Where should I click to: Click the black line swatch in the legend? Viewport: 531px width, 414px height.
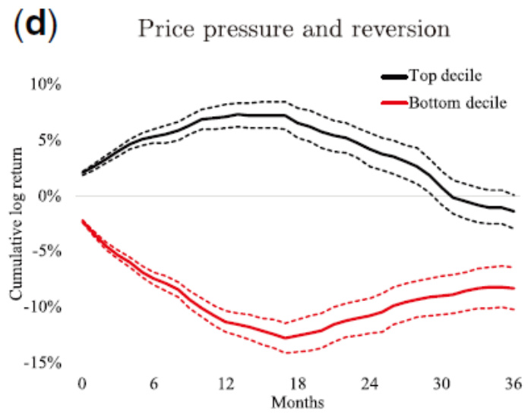click(394, 76)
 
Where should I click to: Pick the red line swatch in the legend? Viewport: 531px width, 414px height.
click(394, 102)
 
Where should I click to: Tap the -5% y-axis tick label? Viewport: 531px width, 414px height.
click(52, 252)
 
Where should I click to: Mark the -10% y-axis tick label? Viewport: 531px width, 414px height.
click(49, 308)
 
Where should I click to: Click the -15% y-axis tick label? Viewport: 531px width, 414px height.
click(49, 364)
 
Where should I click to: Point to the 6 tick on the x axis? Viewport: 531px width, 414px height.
click(154, 383)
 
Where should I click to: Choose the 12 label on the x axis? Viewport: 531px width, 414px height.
click(226, 383)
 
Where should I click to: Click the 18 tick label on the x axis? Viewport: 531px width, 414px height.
click(299, 383)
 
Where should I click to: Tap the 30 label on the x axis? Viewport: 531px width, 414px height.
click(443, 383)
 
